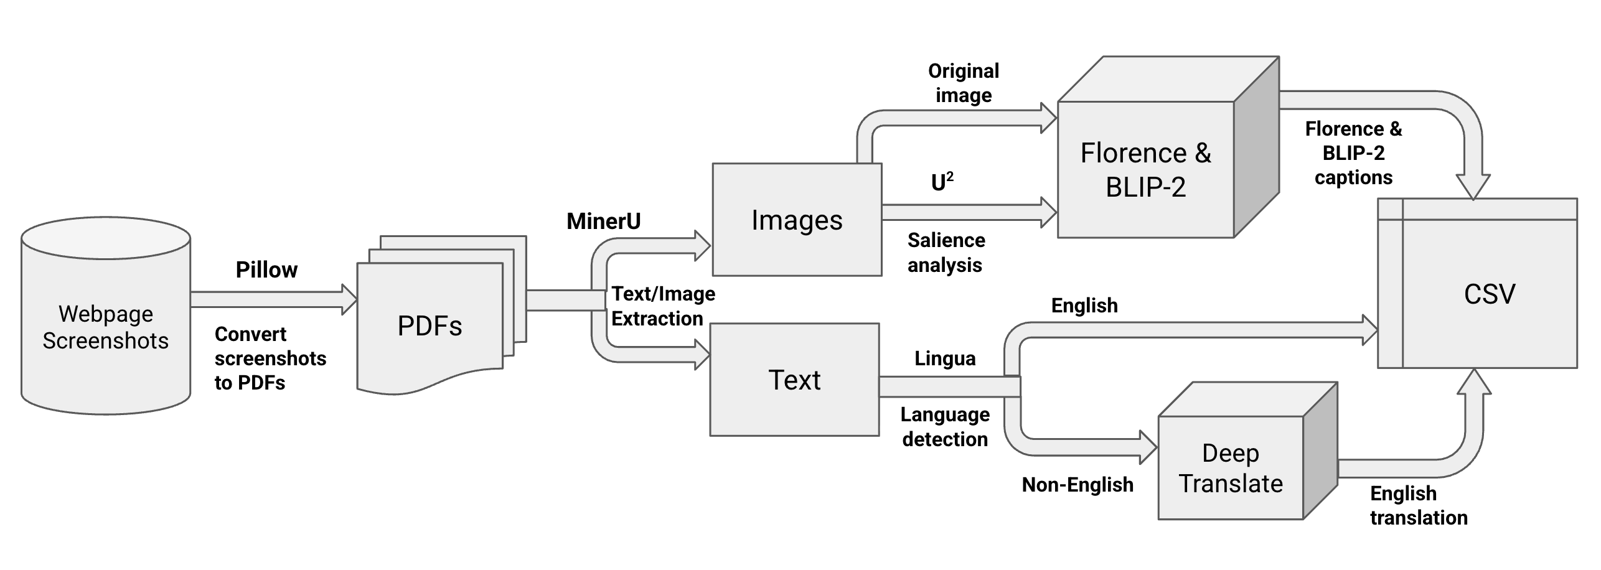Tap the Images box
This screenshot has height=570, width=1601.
[x=797, y=220]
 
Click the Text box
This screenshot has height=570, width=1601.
[x=794, y=380]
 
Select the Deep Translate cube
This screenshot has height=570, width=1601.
[x=1231, y=468]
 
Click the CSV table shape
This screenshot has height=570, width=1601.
[x=1488, y=292]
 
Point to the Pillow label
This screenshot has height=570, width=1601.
[x=266, y=269]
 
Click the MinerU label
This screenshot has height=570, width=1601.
[x=603, y=221]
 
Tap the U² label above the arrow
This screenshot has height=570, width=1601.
[x=942, y=182]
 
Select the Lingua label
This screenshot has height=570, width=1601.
[x=944, y=358]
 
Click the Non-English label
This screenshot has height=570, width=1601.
[x=1078, y=485]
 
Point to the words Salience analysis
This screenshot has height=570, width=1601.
[x=946, y=253]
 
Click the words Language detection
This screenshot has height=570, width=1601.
[x=945, y=427]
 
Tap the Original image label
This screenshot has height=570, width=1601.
[x=963, y=83]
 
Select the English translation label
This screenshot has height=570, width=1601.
[x=1418, y=505]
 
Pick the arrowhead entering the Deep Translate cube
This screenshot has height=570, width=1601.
[x=1148, y=447]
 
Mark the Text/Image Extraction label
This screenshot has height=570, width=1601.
[x=662, y=306]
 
